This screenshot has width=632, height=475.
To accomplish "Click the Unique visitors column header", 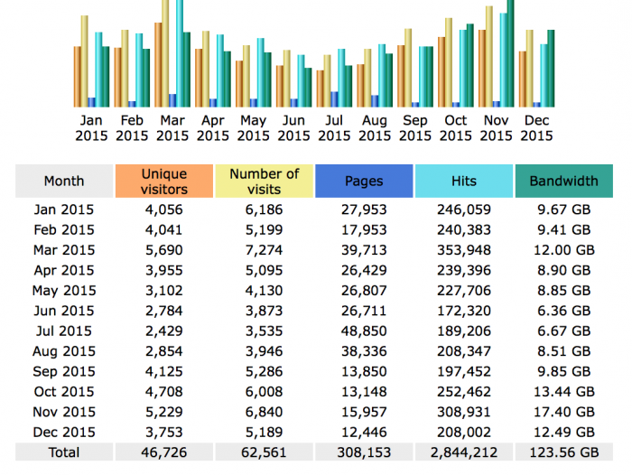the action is (164, 181).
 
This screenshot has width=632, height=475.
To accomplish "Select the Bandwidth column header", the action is (564, 181).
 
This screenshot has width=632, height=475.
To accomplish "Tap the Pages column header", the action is (364, 181).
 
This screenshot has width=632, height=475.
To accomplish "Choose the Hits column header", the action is (464, 181).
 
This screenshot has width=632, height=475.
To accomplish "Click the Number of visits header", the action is (264, 181).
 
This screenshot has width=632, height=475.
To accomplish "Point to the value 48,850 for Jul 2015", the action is (364, 331).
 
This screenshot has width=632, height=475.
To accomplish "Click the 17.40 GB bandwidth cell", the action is (564, 412).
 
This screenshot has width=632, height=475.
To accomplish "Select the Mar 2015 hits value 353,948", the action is (464, 250).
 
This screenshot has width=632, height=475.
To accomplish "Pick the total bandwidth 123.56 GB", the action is (564, 452).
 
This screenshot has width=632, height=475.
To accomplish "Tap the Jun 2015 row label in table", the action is (64, 311).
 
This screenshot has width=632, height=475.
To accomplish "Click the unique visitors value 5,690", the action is (164, 250).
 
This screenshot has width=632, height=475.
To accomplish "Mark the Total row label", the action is (64, 452).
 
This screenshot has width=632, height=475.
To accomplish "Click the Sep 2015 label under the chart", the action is (415, 128).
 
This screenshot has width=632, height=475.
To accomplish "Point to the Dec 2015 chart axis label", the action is (536, 128).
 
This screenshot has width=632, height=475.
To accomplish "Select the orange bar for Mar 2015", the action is (158, 65).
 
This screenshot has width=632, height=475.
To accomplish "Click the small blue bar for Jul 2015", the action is (334, 99).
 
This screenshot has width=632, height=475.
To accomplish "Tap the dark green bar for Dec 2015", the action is (551, 69).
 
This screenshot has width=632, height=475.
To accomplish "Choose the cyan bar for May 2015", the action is (260, 72).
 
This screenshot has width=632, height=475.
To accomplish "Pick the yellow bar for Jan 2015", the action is (85, 61).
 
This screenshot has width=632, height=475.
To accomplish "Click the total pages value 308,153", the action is (364, 452).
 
